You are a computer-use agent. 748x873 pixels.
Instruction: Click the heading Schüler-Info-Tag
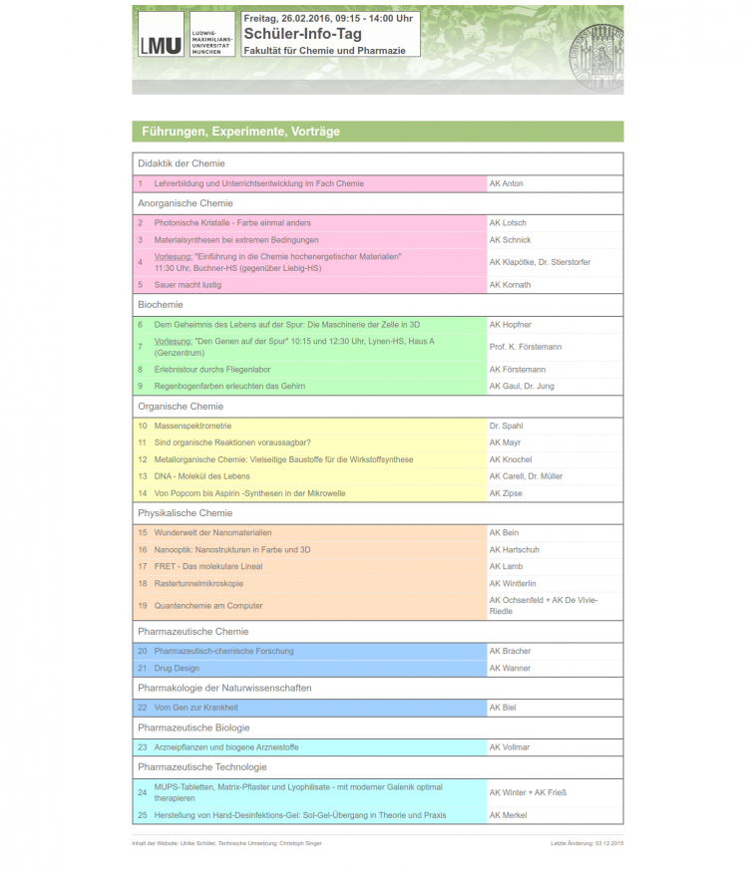click(x=302, y=34)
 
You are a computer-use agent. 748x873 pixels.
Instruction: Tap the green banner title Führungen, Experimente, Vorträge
click(x=240, y=132)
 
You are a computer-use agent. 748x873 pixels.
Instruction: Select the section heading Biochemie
click(x=161, y=305)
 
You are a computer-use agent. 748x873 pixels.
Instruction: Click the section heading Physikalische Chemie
click(x=185, y=513)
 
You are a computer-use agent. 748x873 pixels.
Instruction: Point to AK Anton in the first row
click(x=506, y=183)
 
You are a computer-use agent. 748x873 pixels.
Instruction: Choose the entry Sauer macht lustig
click(x=187, y=285)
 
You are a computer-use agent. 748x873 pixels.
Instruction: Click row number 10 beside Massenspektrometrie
click(x=142, y=427)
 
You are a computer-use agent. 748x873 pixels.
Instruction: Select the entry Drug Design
click(x=177, y=668)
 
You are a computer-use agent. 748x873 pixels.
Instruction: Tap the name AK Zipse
click(x=506, y=493)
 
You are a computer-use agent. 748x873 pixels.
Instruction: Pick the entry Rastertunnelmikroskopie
click(x=198, y=584)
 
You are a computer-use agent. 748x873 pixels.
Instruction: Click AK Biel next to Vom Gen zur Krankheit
click(x=503, y=708)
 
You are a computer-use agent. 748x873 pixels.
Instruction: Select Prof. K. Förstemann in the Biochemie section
click(x=525, y=347)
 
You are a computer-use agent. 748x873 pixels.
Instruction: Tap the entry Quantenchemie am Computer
click(x=208, y=606)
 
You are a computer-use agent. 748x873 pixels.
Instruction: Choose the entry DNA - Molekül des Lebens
click(x=202, y=476)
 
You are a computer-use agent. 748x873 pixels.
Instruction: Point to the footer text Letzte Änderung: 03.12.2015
click(x=586, y=844)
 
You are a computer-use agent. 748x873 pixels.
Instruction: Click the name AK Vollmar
click(x=509, y=747)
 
